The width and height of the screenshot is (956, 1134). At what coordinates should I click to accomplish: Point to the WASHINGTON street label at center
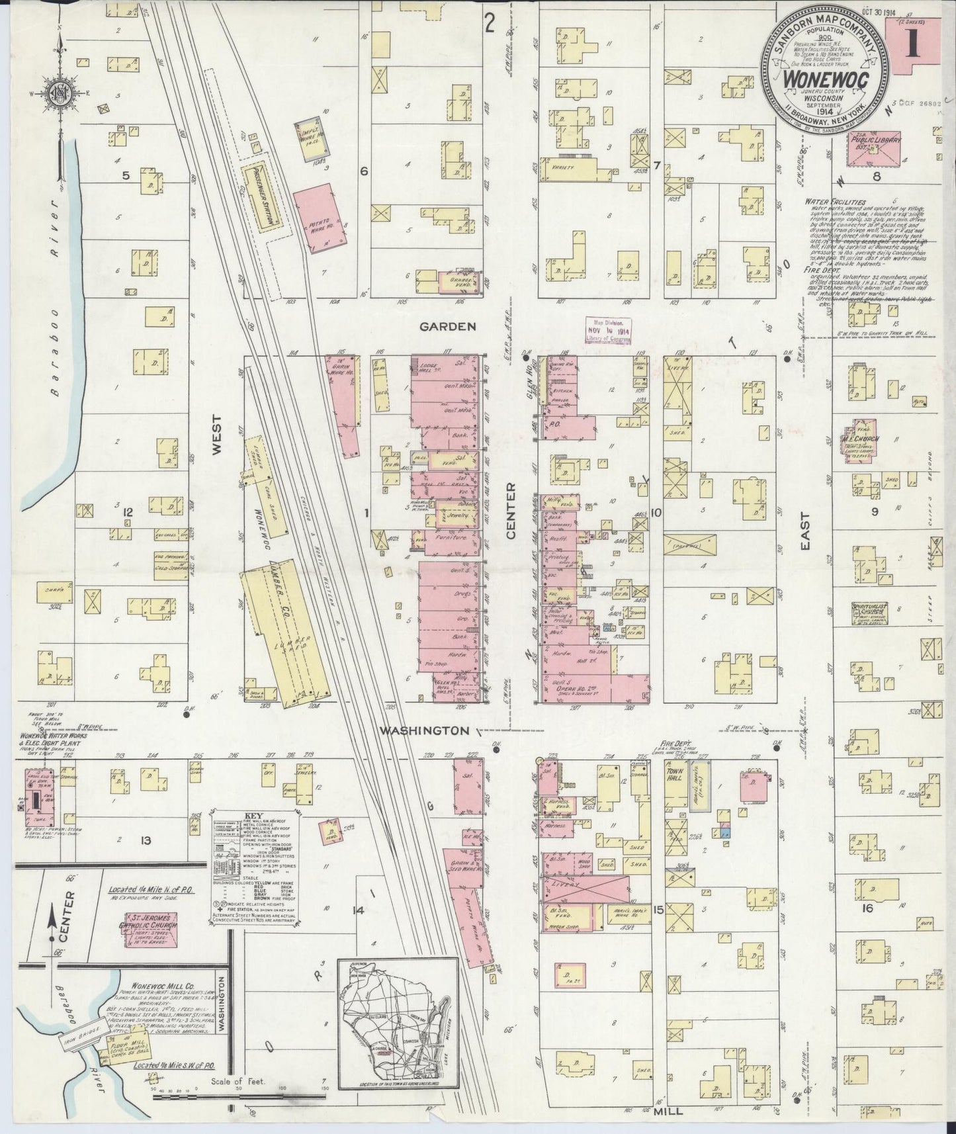(427, 730)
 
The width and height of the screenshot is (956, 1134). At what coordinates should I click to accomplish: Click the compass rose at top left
(61, 93)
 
